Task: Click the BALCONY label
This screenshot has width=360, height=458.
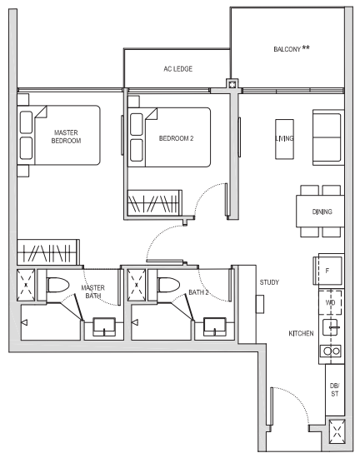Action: pos(292,50)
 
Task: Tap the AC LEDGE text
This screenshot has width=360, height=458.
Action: pos(177,68)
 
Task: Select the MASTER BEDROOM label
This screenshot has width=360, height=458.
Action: pos(66,137)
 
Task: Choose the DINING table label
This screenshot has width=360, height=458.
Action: pos(322,212)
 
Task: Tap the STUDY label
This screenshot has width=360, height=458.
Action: pos(268,283)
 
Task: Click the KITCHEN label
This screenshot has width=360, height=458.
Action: pos(301,333)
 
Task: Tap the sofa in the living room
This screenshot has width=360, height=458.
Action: pos(326,138)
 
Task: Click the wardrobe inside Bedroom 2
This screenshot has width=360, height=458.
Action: pos(153,205)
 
